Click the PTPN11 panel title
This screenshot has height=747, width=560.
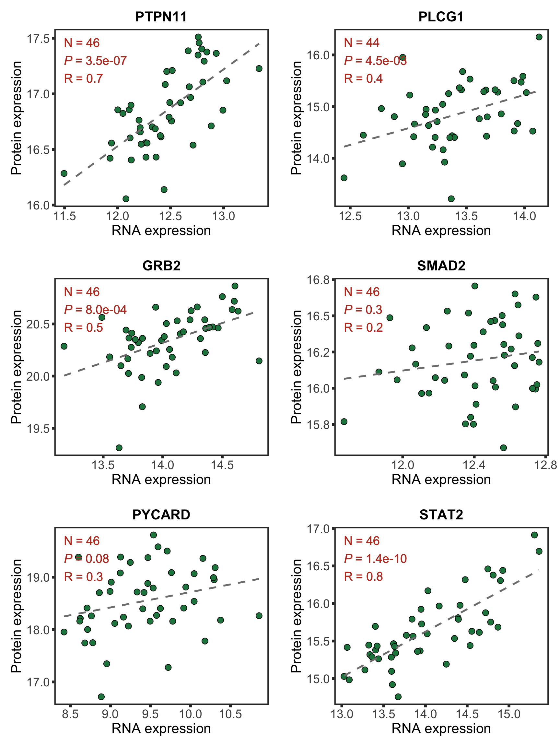tap(161, 17)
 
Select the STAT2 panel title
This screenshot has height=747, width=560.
tap(441, 514)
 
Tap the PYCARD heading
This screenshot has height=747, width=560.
tap(161, 514)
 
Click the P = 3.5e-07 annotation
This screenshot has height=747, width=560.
tap(96, 61)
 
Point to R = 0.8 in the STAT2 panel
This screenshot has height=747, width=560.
tap(363, 576)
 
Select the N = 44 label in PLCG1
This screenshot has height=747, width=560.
tap(362, 42)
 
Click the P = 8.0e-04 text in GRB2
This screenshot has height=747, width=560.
tap(96, 310)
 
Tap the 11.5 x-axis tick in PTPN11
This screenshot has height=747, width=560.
tap(65, 216)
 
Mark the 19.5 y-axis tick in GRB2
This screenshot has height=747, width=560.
tap(38, 429)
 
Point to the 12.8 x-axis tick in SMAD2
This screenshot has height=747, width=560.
tap(545, 465)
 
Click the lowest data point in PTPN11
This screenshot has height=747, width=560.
tap(126, 198)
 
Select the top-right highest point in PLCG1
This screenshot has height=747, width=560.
tap(539, 37)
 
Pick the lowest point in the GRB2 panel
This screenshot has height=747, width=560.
tap(119, 448)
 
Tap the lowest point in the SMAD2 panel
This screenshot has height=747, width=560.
tap(503, 448)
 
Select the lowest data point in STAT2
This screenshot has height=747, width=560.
tap(398, 697)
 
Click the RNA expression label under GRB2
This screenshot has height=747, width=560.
tap(161, 480)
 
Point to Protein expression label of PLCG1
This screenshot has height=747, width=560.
tap(296, 118)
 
